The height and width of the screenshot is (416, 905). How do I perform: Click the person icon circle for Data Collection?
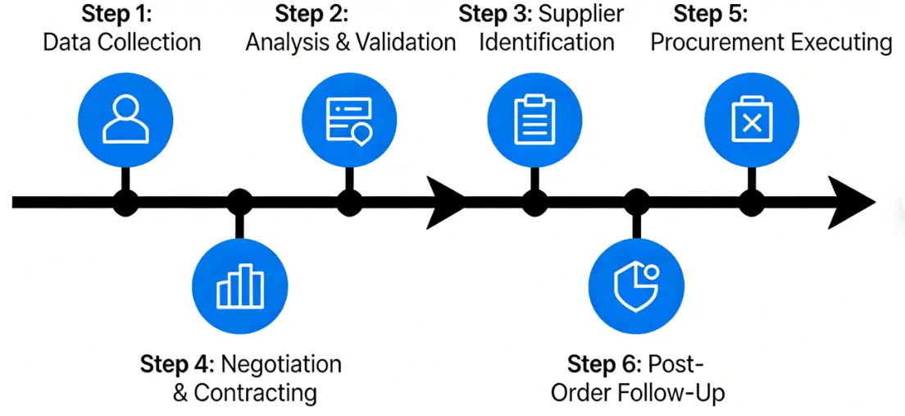(x=125, y=120)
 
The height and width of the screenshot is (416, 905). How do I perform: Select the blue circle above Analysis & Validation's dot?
(x=349, y=120)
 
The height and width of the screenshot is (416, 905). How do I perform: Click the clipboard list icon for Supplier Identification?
(x=534, y=120)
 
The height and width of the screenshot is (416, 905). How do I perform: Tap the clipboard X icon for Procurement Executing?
(x=752, y=120)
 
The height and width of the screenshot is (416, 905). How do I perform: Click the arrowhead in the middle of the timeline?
(x=443, y=201)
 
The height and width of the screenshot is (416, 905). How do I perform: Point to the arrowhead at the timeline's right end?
(x=853, y=201)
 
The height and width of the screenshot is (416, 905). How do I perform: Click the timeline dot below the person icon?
(x=125, y=201)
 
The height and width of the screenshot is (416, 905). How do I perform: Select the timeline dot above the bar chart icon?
(x=239, y=201)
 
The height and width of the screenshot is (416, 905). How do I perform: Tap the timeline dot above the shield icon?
(x=637, y=201)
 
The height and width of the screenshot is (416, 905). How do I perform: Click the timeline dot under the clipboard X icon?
(x=752, y=201)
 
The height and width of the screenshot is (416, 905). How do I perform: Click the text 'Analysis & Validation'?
(x=351, y=42)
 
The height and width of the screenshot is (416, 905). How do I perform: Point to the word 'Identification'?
(x=546, y=42)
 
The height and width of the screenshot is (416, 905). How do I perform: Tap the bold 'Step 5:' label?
(x=711, y=14)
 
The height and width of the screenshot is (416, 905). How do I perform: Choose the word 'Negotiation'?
(x=282, y=363)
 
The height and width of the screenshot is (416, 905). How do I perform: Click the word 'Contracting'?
(x=255, y=392)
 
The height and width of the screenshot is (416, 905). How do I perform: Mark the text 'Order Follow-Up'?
(x=638, y=392)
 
